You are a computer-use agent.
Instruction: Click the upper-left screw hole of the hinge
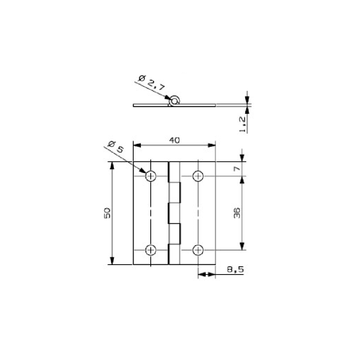(151, 176)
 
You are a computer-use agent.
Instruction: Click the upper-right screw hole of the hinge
(198, 176)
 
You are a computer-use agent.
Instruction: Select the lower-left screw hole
(151, 250)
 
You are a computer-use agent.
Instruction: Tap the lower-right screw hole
(198, 250)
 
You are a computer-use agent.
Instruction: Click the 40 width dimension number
(175, 140)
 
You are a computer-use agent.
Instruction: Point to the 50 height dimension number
(108, 213)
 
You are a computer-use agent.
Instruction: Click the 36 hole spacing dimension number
(237, 213)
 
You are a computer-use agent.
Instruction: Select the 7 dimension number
(237, 169)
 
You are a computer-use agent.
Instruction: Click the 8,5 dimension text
(235, 269)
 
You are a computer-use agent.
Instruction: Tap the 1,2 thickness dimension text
(243, 125)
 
